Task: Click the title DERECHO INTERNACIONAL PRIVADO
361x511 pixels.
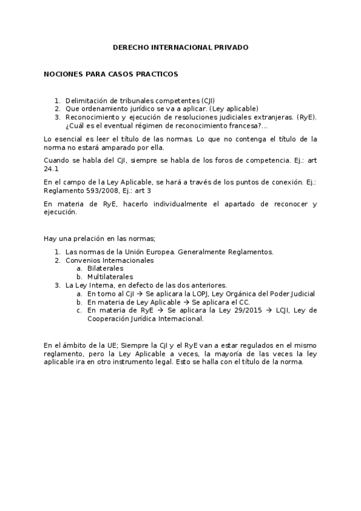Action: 181,47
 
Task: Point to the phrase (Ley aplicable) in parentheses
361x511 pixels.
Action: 235,108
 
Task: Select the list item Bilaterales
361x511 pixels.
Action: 105,268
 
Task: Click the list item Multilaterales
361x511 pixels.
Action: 110,277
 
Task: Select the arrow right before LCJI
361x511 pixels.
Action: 263,310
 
